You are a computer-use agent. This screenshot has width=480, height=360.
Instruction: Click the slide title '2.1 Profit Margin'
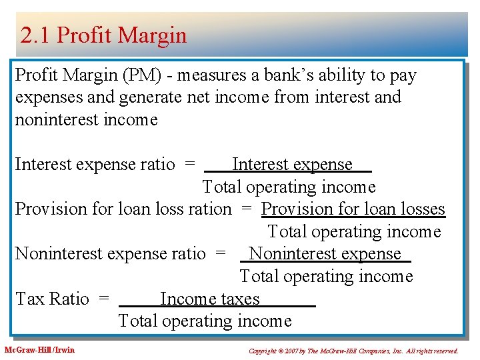[x=103, y=35]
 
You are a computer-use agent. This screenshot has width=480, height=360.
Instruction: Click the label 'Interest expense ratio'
[x=95, y=165]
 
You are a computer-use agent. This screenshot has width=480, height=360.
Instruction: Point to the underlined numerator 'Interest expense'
[x=291, y=165]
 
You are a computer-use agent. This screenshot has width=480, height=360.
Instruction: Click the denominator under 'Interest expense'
[x=289, y=187]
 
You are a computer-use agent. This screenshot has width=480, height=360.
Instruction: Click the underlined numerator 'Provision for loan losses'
[x=353, y=209]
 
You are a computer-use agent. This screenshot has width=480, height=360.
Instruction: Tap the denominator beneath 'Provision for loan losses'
[x=354, y=232]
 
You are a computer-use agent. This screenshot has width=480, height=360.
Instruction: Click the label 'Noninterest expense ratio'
[x=110, y=254]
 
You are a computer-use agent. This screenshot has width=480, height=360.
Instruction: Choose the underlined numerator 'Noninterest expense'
[x=325, y=254]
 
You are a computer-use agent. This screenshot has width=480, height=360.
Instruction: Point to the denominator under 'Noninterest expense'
[x=326, y=277]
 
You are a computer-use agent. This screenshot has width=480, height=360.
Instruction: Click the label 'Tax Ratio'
[x=52, y=299]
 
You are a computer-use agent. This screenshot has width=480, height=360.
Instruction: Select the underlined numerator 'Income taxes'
[x=209, y=299]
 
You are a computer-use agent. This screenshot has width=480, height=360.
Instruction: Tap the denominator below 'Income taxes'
[x=205, y=321]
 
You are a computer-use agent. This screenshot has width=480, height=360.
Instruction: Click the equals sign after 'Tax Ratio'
[x=103, y=299]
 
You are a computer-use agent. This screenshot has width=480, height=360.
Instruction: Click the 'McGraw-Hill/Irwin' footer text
[x=40, y=350]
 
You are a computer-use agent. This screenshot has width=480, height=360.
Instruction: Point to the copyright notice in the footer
[x=353, y=351]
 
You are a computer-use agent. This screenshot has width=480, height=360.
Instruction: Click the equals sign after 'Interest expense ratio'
[x=190, y=165]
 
